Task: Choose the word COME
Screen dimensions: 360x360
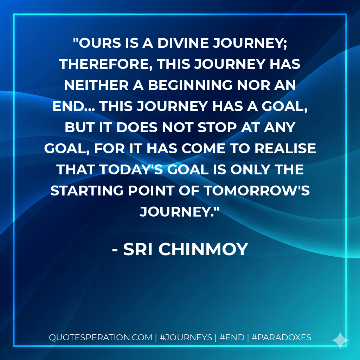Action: coord(209,148)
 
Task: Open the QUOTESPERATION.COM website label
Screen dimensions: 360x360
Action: coord(100,337)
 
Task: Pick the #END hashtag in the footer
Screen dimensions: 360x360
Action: coord(232,337)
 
